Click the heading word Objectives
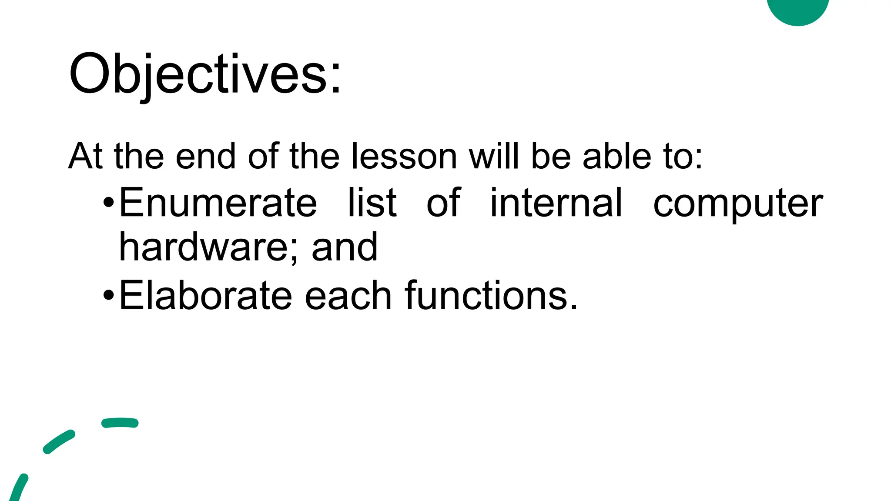pos(204,74)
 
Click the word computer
pos(738,204)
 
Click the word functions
pos(491,296)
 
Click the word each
pos(348,296)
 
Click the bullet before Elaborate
pos(109,296)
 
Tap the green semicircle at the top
pos(797,10)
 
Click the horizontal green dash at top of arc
pos(120,423)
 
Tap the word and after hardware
pos(345,247)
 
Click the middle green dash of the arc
pos(59,441)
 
